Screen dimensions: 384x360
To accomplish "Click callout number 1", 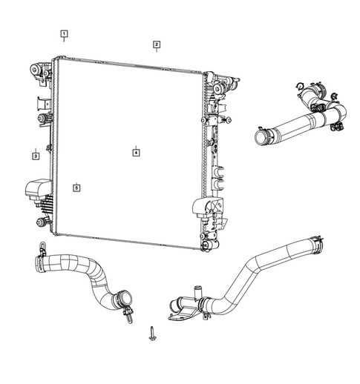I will (x=65, y=33).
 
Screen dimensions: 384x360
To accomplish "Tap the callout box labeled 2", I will (x=157, y=44).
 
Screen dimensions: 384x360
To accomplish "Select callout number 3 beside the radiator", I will (x=35, y=156).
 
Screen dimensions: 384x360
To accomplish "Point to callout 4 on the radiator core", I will (x=136, y=152).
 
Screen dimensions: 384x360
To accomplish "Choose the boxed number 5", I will (x=76, y=188).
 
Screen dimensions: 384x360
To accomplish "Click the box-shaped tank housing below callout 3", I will (x=36, y=190).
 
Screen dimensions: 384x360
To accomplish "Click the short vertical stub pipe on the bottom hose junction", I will (x=197, y=290).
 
